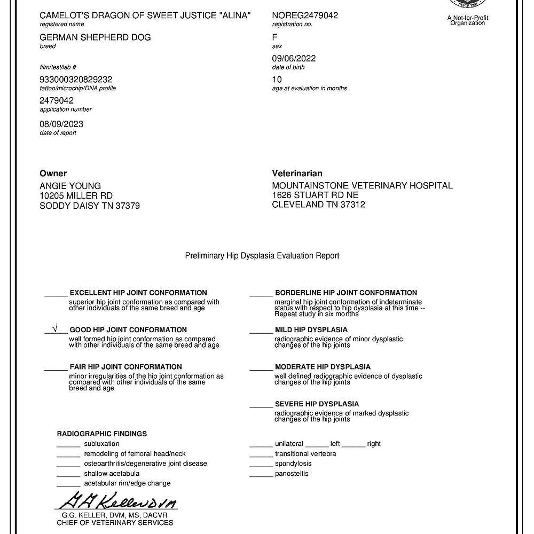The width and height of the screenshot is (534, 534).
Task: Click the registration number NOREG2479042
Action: pyautogui.click(x=305, y=15)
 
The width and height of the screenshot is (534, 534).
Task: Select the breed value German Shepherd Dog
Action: pyautogui.click(x=95, y=37)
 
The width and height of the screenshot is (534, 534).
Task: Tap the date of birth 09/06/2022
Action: pyautogui.click(x=294, y=58)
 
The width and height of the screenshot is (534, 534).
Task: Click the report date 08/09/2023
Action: pyautogui.click(x=61, y=124)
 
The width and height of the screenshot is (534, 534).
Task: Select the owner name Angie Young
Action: pyautogui.click(x=70, y=186)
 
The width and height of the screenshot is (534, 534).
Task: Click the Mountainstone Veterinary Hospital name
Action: pyautogui.click(x=362, y=186)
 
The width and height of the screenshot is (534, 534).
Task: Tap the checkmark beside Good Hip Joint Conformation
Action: pyautogui.click(x=54, y=329)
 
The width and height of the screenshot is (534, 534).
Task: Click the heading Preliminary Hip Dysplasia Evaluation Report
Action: pyautogui.click(x=262, y=256)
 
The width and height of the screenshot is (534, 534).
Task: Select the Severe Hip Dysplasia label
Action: pyautogui.click(x=317, y=404)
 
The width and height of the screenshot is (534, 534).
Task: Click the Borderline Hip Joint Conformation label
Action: pyautogui.click(x=345, y=293)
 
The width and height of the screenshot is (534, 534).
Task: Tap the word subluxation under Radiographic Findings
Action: pyautogui.click(x=101, y=444)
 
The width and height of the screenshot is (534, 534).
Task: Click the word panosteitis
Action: pyautogui.click(x=292, y=474)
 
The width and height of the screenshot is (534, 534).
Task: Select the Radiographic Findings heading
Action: pyautogui.click(x=102, y=434)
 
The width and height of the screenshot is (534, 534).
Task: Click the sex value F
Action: pyautogui.click(x=274, y=37)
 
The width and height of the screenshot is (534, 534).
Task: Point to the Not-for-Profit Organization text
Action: pyautogui.click(x=467, y=20)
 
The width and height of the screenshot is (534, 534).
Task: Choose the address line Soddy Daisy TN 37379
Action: pyautogui.click(x=90, y=206)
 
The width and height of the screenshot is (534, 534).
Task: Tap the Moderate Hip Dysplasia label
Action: pyautogui.click(x=323, y=367)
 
